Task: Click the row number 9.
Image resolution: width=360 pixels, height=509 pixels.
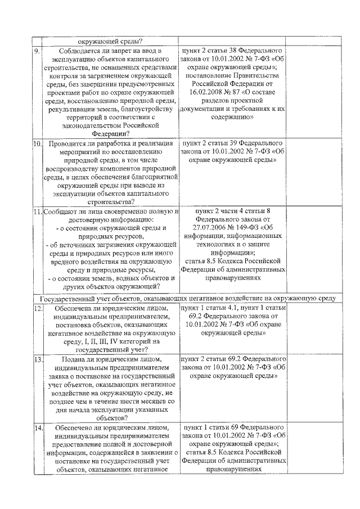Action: (x=37, y=51)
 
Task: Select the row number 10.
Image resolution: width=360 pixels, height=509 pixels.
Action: (x=37, y=144)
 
